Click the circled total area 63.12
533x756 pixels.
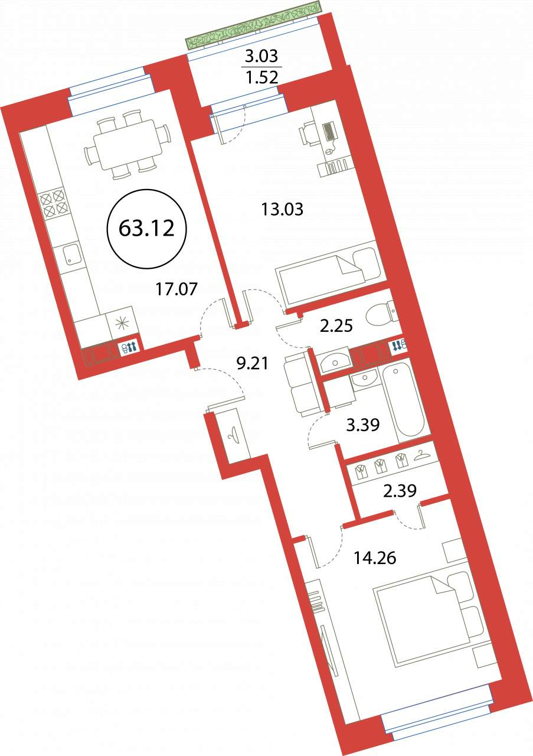coord(146,229)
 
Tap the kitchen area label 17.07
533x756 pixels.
coord(176,289)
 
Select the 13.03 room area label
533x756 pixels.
coord(282,209)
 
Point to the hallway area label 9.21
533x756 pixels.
coord(253,363)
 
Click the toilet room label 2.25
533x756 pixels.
coord(336,327)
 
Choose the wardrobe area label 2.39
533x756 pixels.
coord(400,490)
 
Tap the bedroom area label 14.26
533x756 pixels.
coord(375,558)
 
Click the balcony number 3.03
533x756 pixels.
coord(261,56)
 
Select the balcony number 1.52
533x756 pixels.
coord(261,77)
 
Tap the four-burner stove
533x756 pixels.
coord(51,203)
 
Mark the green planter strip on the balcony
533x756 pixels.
coord(254,25)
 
